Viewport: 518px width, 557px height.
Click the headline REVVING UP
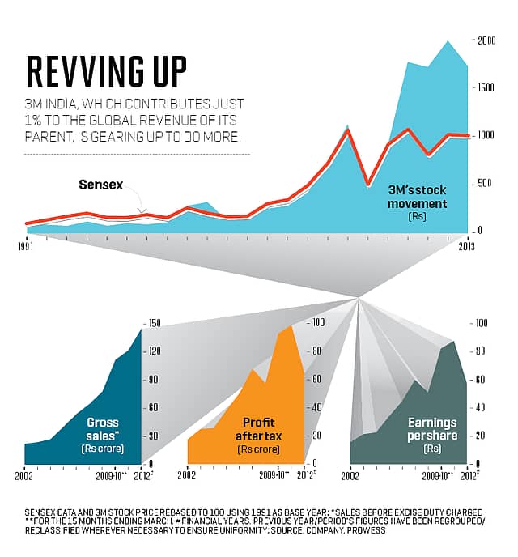[106, 73]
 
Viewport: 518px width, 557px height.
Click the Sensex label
[100, 185]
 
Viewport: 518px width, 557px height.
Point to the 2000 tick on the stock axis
[486, 40]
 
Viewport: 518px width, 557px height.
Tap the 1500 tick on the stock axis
[486, 87]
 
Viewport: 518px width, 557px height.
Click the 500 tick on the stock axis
[485, 183]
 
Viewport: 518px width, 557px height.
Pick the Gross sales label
[103, 428]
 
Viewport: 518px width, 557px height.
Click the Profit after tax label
[258, 428]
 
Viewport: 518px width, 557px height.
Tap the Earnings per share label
[431, 428]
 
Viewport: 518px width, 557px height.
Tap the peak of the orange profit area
[291, 325]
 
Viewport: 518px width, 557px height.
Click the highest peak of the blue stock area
[448, 41]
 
